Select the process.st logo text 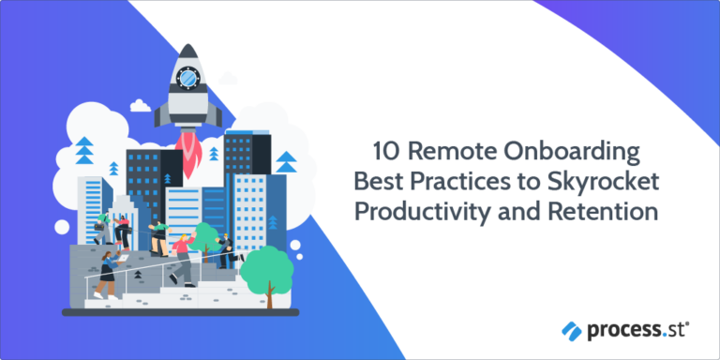637,330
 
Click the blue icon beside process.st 573,330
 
